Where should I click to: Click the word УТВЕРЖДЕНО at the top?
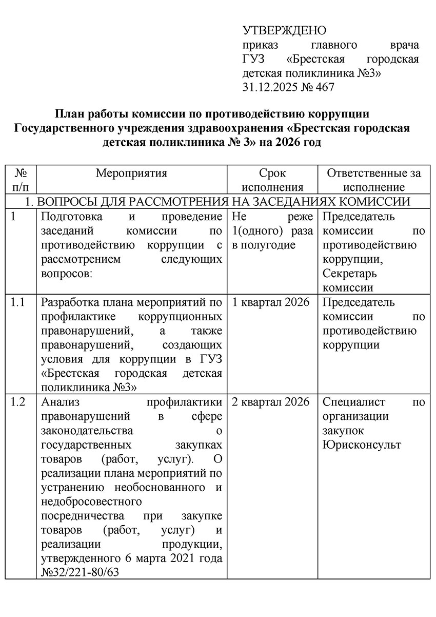click(284, 30)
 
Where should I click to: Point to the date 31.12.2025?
click(269, 87)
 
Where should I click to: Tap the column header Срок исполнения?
click(272, 180)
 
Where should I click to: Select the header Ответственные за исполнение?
click(374, 180)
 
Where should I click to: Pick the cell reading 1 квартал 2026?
click(271, 302)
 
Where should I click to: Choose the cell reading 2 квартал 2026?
click(271, 401)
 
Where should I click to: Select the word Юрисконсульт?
click(362, 445)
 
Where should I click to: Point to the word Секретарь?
click(350, 274)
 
